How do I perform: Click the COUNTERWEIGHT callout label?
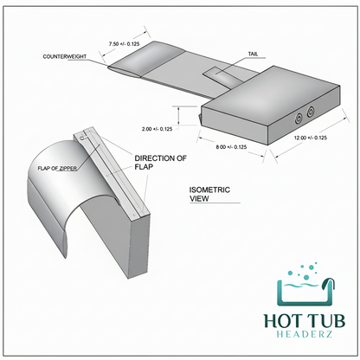point(65,56)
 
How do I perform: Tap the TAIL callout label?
point(253,54)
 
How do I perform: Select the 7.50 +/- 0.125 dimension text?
point(124,44)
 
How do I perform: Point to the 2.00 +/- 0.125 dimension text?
point(157,129)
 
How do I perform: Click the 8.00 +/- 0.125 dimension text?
point(231,147)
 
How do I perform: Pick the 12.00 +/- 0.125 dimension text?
point(311,138)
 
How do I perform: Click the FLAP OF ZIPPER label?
point(57,168)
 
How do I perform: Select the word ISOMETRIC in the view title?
point(209,190)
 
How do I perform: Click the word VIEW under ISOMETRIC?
point(199,198)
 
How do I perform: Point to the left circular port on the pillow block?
point(298,119)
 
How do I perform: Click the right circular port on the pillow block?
point(311,111)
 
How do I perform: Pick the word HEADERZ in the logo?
point(305,334)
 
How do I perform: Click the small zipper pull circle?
point(82,138)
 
